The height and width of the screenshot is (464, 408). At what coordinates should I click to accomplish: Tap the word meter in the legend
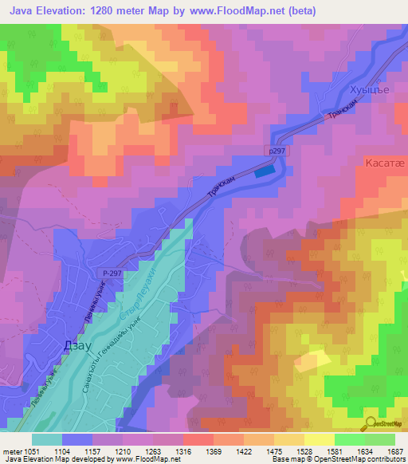tap(11, 452)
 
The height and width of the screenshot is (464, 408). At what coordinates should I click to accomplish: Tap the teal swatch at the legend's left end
tap(46, 439)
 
